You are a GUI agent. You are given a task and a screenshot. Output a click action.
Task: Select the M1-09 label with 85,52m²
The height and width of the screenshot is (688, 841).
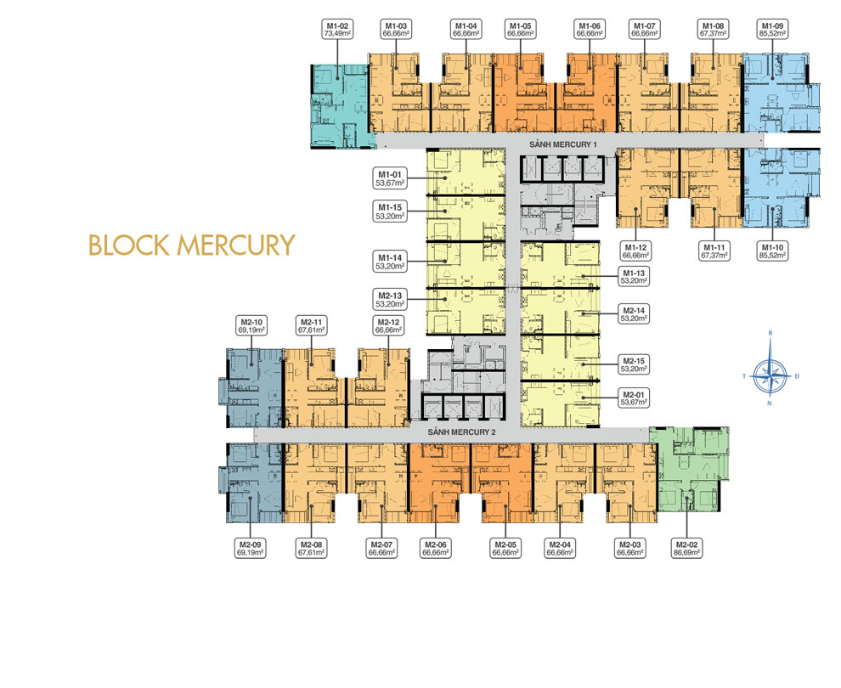(772, 31)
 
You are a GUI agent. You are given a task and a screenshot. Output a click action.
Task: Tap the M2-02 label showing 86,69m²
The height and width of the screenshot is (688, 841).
(686, 548)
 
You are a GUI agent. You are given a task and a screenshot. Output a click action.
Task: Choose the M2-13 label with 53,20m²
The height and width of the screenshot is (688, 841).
(392, 298)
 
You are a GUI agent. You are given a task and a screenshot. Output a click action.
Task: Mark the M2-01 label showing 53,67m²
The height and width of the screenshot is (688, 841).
(633, 398)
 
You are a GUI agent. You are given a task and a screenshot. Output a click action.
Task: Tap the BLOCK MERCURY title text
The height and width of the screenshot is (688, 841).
(191, 245)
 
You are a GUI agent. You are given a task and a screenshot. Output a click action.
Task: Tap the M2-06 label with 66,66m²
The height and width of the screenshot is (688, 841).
(435, 548)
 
